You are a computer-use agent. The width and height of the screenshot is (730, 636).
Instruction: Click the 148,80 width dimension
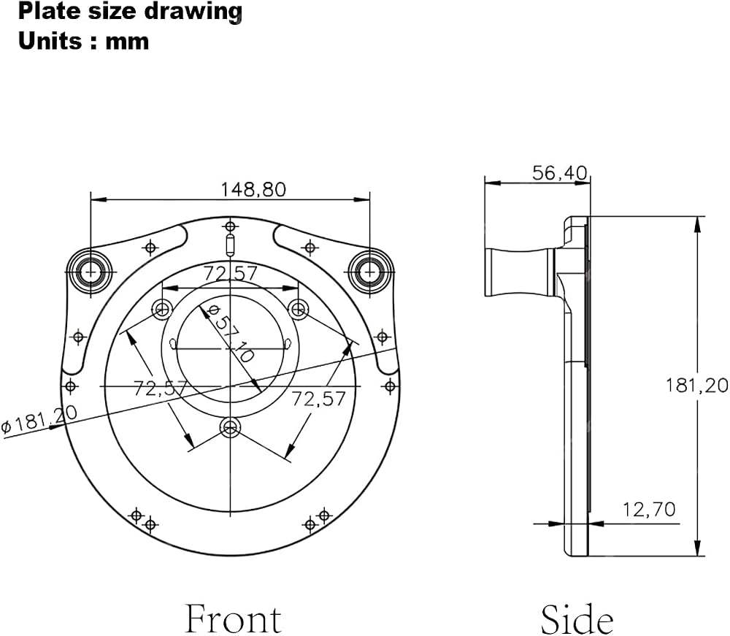(x=253, y=190)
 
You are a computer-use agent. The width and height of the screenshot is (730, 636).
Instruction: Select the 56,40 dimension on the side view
(x=560, y=173)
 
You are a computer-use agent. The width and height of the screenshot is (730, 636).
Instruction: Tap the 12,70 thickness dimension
(x=649, y=510)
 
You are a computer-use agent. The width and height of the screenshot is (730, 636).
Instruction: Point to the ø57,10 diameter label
(x=231, y=334)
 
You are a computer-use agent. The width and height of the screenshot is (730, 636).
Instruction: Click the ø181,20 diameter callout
(x=39, y=420)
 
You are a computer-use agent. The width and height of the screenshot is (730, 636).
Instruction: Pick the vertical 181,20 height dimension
(x=696, y=386)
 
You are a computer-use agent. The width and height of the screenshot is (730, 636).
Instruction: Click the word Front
(x=234, y=618)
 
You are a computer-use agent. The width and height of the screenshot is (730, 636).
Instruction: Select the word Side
(x=577, y=618)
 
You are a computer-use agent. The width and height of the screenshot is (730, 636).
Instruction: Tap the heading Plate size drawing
(x=130, y=11)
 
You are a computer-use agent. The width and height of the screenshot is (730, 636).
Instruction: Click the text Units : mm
(x=84, y=41)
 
